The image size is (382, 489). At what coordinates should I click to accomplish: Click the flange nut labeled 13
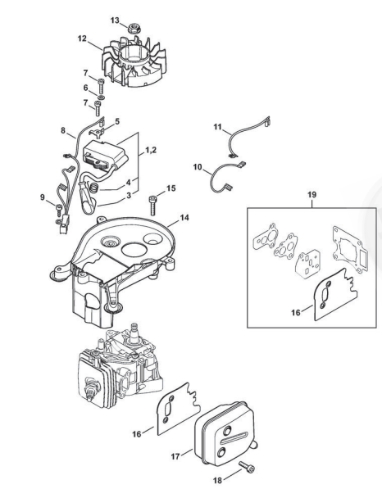pyautogui.click(x=134, y=28)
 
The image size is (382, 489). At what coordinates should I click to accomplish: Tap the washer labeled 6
pyautogui.click(x=101, y=98)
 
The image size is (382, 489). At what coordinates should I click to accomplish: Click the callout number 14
pyautogui.click(x=184, y=217)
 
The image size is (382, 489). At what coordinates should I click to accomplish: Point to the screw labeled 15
pyautogui.click(x=153, y=205)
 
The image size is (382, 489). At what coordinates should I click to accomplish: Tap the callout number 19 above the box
pyautogui.click(x=312, y=195)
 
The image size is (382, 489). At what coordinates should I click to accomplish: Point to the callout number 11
pyautogui.click(x=217, y=127)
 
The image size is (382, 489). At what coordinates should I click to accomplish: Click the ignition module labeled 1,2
pyautogui.click(x=106, y=155)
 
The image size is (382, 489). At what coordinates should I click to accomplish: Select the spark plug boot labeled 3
pyautogui.click(x=88, y=197)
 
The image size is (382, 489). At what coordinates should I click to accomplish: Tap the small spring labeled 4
pyautogui.click(x=94, y=188)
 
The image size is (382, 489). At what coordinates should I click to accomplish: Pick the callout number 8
pyautogui.click(x=63, y=130)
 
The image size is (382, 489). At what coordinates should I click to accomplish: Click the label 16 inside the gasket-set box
pyautogui.click(x=296, y=312)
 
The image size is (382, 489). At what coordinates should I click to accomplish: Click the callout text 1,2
pyautogui.click(x=151, y=151)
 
